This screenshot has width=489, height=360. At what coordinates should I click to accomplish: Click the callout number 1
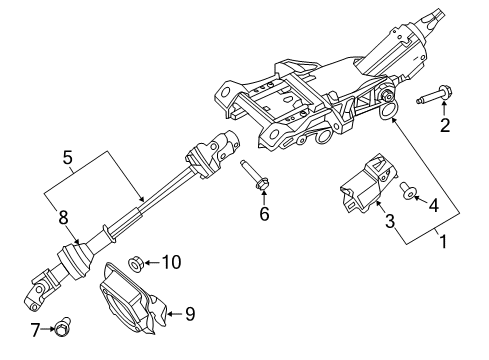pos(439,241)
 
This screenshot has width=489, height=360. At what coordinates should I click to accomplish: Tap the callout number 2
pos(446,125)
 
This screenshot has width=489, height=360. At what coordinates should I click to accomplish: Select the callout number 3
pos(391,221)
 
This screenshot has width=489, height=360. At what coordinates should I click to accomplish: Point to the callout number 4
pos(434,206)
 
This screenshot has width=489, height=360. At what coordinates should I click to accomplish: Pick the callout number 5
pos(67,156)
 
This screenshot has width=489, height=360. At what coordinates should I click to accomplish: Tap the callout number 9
pos(189,313)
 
